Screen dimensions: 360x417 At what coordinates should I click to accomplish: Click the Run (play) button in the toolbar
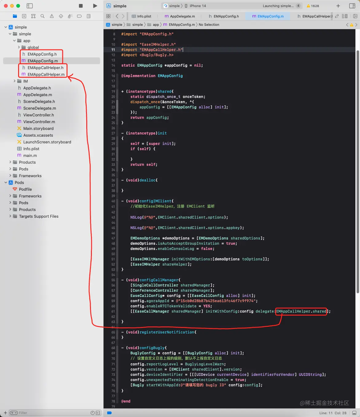(x=95, y=6)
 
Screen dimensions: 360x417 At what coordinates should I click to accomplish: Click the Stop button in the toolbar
(x=81, y=6)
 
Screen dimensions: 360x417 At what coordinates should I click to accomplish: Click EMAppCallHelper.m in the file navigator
(x=46, y=74)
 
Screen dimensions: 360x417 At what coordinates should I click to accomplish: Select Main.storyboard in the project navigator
(x=38, y=128)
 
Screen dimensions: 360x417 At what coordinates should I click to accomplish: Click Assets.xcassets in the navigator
(x=38, y=135)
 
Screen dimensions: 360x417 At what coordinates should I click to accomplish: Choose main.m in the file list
(x=30, y=155)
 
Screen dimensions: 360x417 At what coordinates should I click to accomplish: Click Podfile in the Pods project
(x=25, y=189)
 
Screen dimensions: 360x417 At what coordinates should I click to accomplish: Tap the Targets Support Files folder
(x=38, y=216)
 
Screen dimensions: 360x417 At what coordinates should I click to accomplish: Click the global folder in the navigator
(x=33, y=47)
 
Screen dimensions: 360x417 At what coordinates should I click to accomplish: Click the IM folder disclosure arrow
(x=14, y=81)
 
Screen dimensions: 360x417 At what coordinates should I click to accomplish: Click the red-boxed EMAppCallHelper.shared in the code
(x=301, y=311)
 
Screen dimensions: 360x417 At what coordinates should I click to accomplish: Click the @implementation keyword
(x=138, y=76)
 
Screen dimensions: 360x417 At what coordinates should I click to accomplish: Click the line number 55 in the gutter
(x=113, y=280)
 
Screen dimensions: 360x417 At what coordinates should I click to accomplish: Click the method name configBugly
(x=152, y=348)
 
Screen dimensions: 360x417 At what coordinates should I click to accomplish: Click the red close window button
(x=6, y=6)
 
